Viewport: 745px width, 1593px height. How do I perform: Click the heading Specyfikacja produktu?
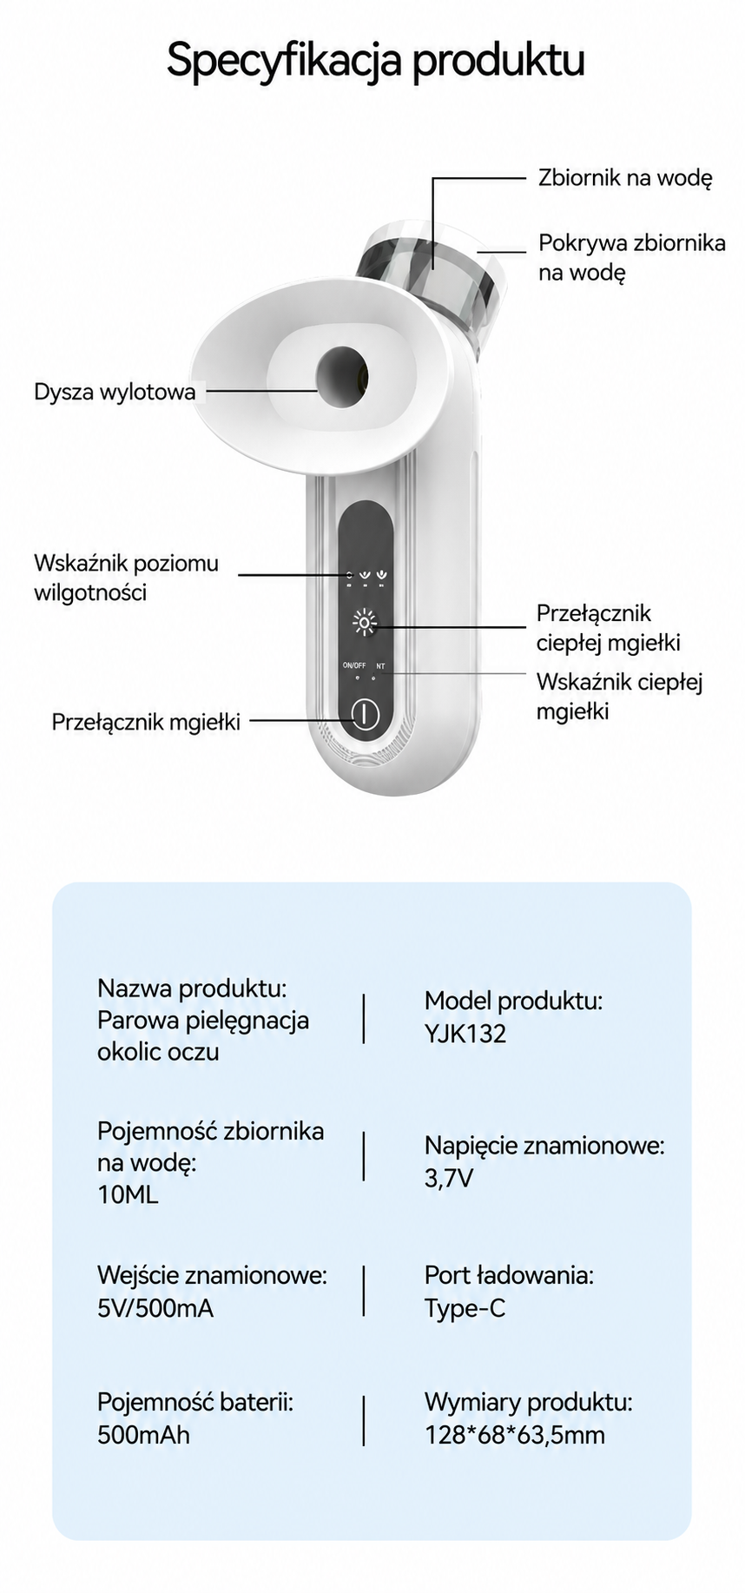pyautogui.click(x=375, y=62)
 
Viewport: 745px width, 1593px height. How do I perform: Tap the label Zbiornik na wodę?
pyautogui.click(x=625, y=178)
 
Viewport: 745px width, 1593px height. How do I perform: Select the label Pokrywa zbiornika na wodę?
pyautogui.click(x=632, y=257)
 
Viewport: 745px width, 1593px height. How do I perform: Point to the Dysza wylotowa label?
pyautogui.click(x=115, y=392)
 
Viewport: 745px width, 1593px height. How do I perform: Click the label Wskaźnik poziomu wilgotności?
pyautogui.click(x=126, y=578)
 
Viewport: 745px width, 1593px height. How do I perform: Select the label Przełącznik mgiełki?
pyautogui.click(x=146, y=722)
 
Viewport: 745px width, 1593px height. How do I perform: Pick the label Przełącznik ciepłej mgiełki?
pyautogui.click(x=608, y=628)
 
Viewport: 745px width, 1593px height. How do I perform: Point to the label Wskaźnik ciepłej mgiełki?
pyautogui.click(x=619, y=697)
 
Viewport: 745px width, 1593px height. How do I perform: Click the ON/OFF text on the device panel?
pyautogui.click(x=354, y=665)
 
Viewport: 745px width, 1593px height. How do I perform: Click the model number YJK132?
pyautogui.click(x=465, y=1034)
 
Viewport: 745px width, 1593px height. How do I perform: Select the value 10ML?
pyautogui.click(x=128, y=1194)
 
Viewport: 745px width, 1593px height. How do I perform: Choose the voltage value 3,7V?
pyautogui.click(x=449, y=1179)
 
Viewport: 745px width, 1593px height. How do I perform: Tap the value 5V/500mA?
pyautogui.click(x=155, y=1308)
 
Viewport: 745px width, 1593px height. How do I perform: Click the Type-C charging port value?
pyautogui.click(x=465, y=1308)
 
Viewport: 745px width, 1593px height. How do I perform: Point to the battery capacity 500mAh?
pyautogui.click(x=143, y=1434)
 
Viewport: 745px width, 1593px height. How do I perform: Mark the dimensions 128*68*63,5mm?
pyautogui.click(x=515, y=1435)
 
